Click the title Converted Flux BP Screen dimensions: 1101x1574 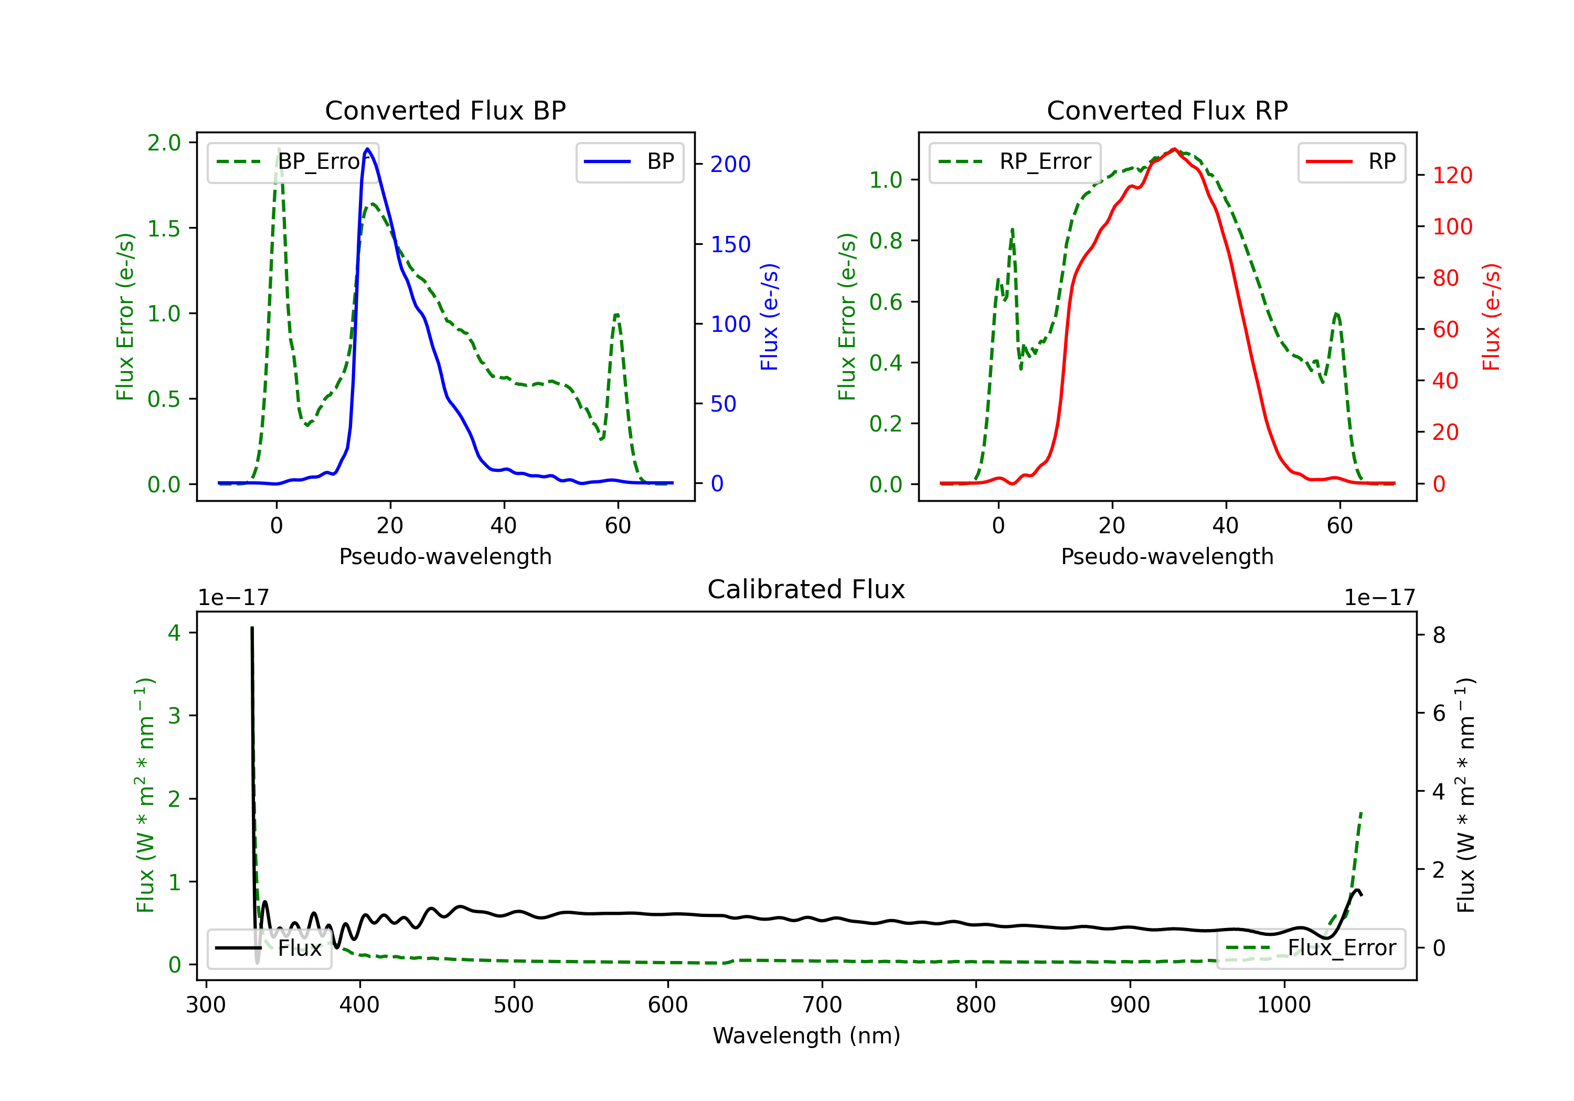tap(445, 110)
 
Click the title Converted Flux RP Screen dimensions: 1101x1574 tap(1167, 110)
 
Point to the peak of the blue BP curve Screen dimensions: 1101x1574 tap(367, 149)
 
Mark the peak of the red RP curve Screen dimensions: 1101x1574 tap(1174, 149)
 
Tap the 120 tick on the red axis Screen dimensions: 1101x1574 tap(1452, 176)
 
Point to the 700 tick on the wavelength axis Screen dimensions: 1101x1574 tap(822, 1005)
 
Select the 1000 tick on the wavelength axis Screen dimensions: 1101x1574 tap(1283, 1005)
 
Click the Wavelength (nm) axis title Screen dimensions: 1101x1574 tap(806, 1035)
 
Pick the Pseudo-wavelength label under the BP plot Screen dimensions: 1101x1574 tap(445, 556)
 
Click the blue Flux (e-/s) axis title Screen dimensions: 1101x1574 tap(769, 317)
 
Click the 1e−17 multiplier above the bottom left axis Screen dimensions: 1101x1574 tap(233, 598)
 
